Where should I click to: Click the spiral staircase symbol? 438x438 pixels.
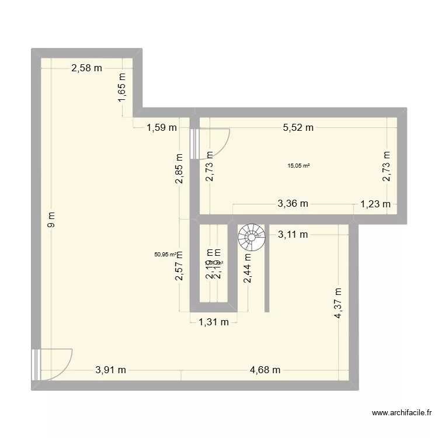coord(251,237)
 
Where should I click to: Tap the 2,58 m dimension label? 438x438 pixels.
coord(86,68)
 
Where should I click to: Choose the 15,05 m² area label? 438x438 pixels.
coord(298,165)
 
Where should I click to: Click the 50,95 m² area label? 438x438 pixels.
coord(165,254)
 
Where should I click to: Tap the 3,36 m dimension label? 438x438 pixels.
coord(293,204)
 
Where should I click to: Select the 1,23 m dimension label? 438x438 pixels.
coord(376,204)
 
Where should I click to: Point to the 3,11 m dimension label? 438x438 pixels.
coord(293,235)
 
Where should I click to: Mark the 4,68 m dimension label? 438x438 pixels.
coord(265,370)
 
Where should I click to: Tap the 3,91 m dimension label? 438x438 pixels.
coord(111,370)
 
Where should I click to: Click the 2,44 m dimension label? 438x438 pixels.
coord(248,267)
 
